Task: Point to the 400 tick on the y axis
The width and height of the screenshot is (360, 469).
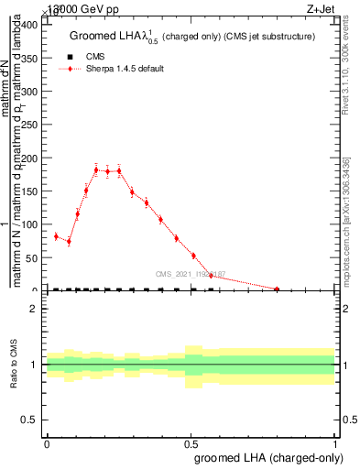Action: click(30, 25)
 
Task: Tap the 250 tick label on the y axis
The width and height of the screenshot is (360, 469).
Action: click(30, 125)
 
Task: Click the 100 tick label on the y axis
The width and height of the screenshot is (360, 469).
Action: click(30, 224)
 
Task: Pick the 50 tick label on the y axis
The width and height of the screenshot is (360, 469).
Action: click(33, 257)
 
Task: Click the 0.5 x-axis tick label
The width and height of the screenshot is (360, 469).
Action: click(191, 442)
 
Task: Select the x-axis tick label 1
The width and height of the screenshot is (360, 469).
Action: click(335, 442)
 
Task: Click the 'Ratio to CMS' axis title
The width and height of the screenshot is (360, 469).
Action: click(14, 365)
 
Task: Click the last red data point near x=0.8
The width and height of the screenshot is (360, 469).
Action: click(277, 289)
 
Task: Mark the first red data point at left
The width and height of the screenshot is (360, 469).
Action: click(56, 236)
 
